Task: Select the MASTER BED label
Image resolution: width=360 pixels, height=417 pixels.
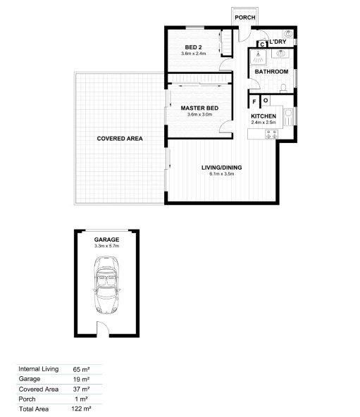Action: [x=199, y=108]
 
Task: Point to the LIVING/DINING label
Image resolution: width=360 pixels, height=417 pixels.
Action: [x=221, y=167]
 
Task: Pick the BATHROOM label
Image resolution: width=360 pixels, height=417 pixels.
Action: [x=271, y=72]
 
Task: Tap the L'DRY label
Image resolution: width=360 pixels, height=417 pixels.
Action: [x=278, y=43]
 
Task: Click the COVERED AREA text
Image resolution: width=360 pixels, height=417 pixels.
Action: [x=120, y=139]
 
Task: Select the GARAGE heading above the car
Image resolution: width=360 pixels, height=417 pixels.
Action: [x=107, y=239]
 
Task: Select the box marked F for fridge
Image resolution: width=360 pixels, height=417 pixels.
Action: [x=254, y=99]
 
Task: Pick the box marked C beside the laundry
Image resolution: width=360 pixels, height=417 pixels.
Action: [x=261, y=45]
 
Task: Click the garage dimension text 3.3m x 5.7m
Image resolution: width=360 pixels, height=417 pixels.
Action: [x=107, y=247]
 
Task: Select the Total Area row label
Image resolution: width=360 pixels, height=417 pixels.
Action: [x=35, y=408]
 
